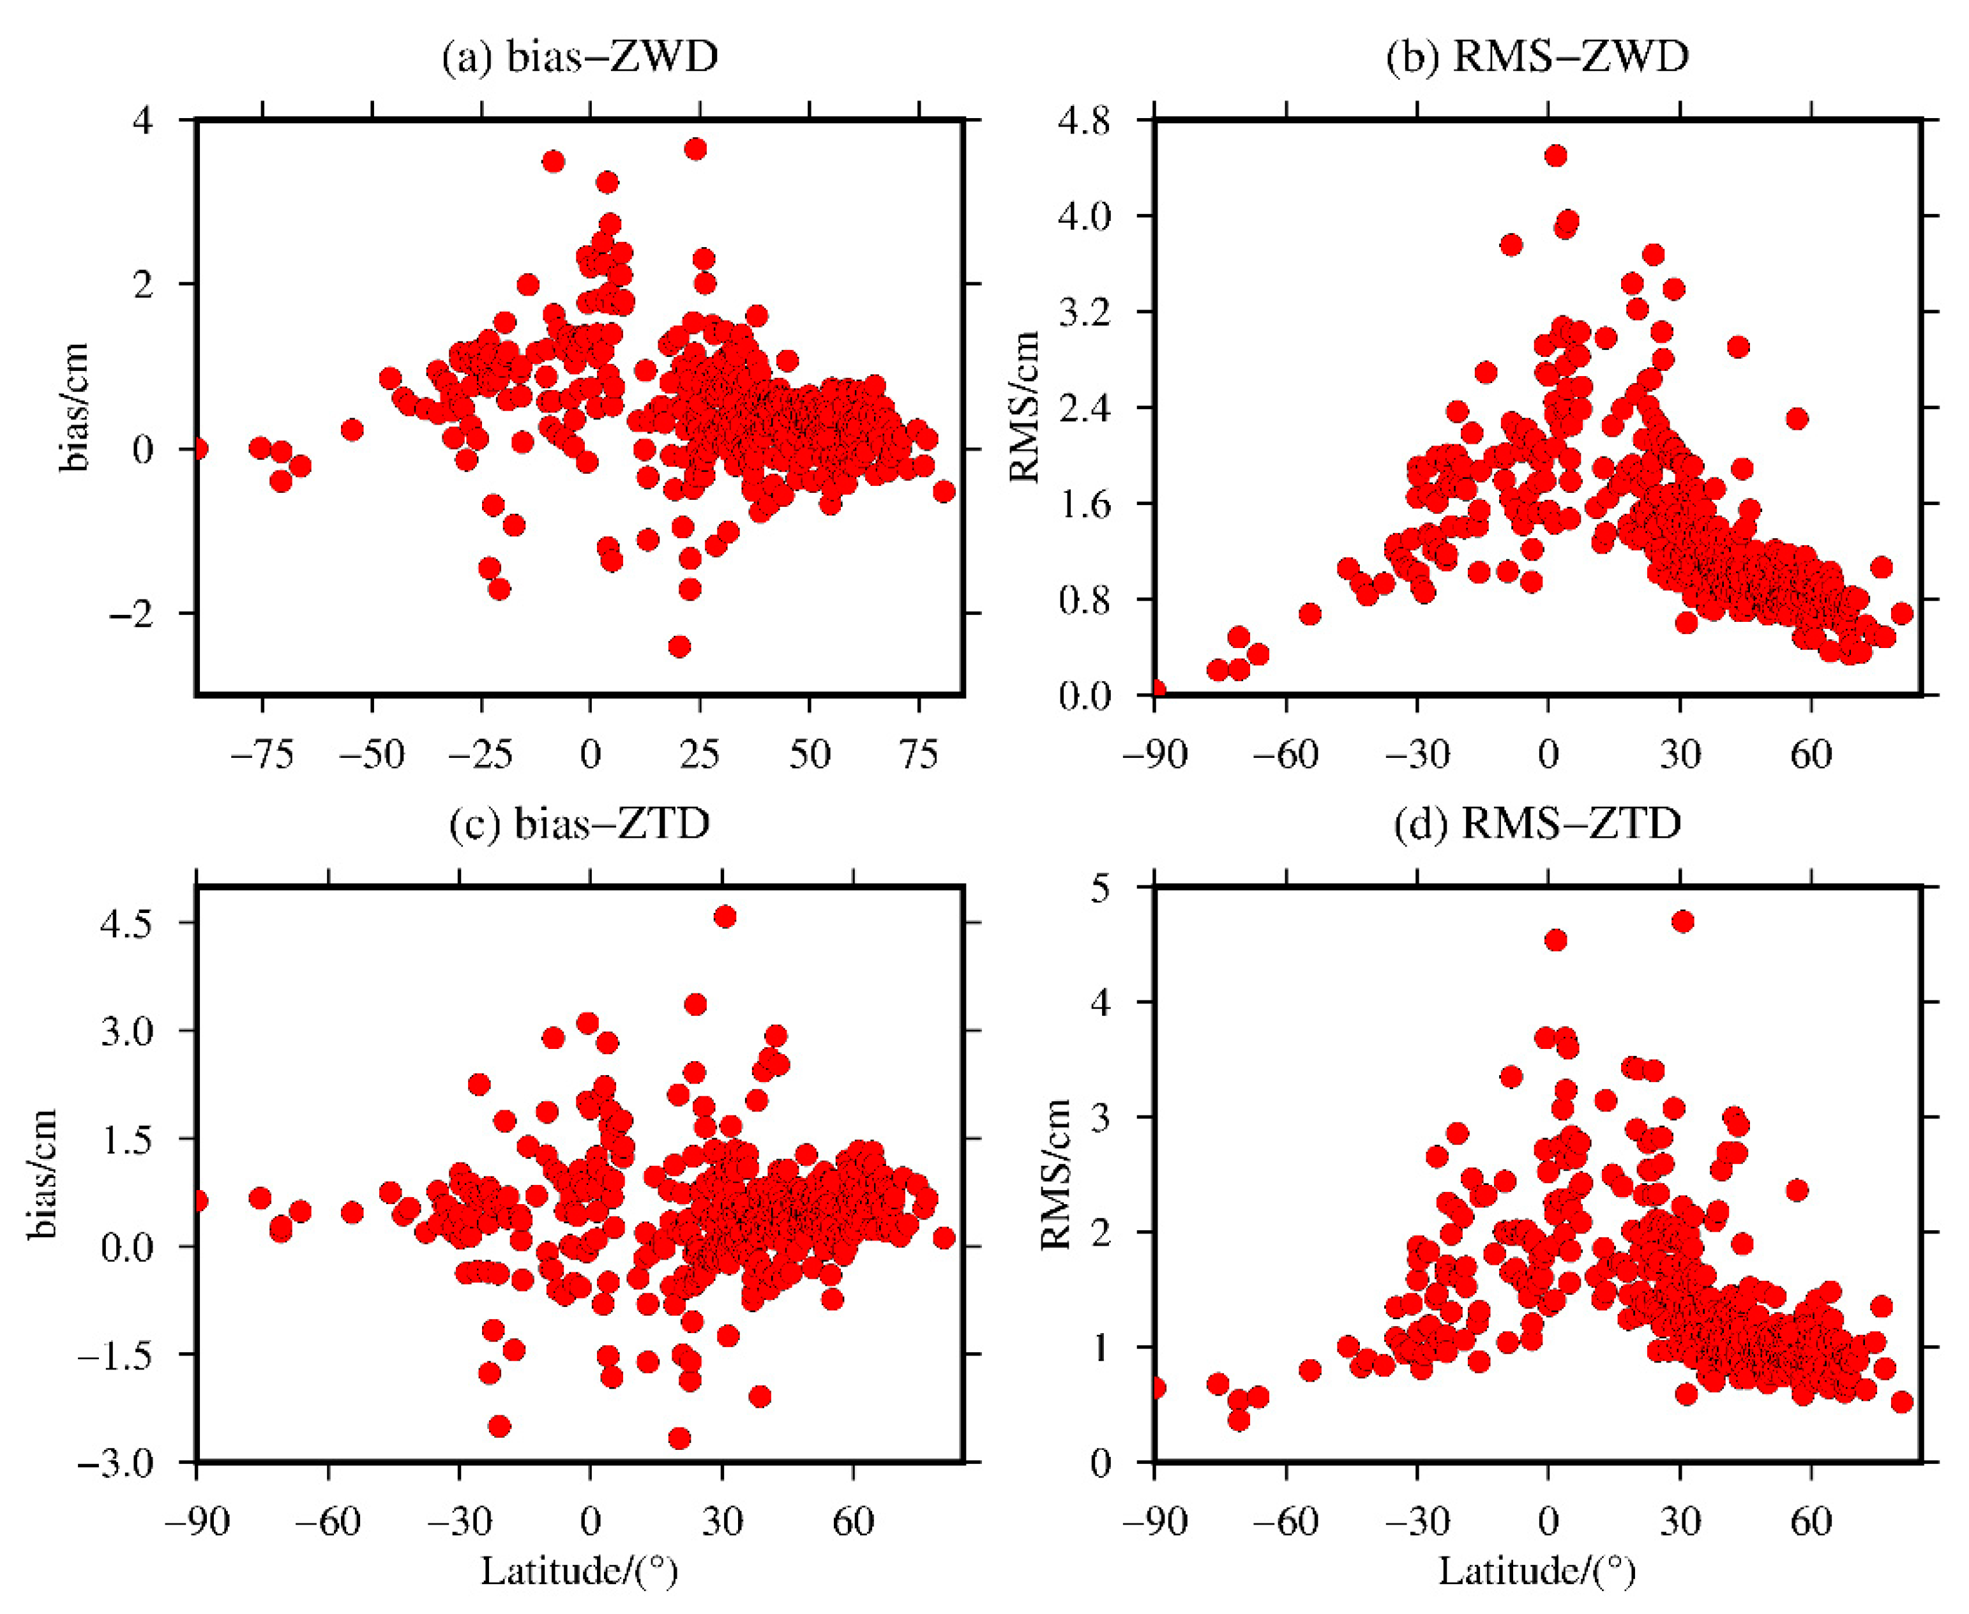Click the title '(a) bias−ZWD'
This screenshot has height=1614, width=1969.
coord(580,57)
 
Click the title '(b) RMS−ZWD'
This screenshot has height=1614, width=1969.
coord(1537,57)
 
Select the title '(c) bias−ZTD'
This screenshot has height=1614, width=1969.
coord(580,824)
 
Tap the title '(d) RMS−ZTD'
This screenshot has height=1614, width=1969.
coord(1537,824)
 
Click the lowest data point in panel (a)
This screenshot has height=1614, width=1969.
coord(679,646)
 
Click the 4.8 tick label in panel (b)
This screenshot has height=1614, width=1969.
coord(1084,122)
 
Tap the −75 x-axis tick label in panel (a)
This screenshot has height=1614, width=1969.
coord(262,754)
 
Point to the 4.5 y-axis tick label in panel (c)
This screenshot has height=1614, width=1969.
coord(126,923)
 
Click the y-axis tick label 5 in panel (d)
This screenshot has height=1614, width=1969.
coord(1101,888)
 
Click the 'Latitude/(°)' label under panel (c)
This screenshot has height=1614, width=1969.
coord(579,1572)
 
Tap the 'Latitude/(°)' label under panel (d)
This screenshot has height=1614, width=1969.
coord(1537,1572)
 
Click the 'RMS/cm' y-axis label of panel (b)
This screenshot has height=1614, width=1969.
coord(1023,406)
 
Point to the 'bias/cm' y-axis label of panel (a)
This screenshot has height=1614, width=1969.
coord(73,406)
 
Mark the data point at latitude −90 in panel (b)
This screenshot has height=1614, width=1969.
coord(1156,690)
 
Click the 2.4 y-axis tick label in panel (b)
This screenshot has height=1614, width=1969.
coord(1084,407)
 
